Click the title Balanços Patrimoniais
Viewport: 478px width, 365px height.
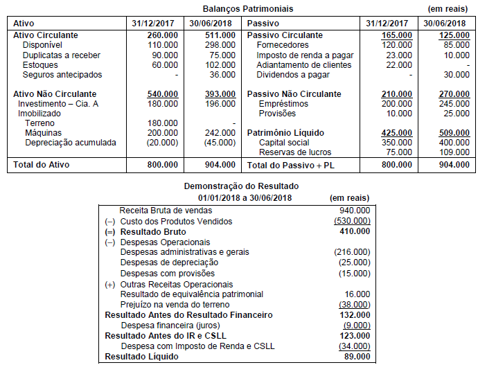coord(247,9)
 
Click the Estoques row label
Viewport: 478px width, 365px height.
coord(39,64)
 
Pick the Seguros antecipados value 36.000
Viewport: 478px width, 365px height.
coord(222,74)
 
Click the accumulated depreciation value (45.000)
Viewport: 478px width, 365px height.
coord(218,143)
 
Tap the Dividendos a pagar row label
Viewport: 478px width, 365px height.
coord(293,74)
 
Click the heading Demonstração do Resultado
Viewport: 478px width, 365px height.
coord(241,186)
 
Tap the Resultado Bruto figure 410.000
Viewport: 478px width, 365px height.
coord(355,231)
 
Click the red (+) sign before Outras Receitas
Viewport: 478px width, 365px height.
coord(109,284)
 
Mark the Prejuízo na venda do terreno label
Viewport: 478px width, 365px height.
coord(173,304)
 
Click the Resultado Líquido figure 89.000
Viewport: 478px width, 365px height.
coord(357,357)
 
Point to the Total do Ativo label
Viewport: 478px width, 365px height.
coord(42,165)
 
